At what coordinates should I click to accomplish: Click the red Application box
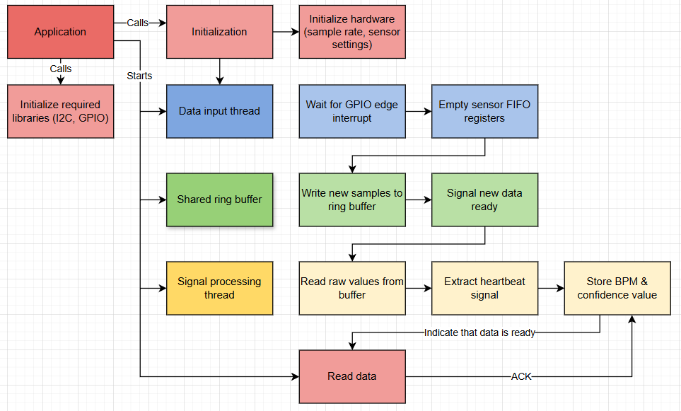coord(60,32)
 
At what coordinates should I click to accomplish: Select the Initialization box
coord(219,32)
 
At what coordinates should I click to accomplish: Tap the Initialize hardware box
coord(352,32)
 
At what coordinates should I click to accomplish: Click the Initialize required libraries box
coord(60,111)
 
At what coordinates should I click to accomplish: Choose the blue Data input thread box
coord(219,111)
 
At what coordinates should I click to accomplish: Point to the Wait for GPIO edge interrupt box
coord(352,111)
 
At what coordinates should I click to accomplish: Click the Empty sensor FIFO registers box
coord(484,111)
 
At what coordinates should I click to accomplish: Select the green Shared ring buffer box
coord(219,199)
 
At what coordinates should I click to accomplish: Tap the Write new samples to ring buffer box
coord(352,199)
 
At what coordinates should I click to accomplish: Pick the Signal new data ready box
coord(484,199)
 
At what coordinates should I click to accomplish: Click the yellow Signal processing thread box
coord(219,288)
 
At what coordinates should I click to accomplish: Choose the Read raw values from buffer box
coord(352,288)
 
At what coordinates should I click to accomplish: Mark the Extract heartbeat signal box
coord(484,288)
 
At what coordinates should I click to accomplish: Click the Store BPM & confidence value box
coord(617,288)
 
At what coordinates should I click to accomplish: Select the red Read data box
coord(352,376)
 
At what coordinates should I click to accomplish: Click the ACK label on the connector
coord(521,376)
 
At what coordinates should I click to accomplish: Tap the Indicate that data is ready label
coord(479,332)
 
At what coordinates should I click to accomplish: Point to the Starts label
coord(139,75)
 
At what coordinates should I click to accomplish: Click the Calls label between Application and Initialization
coord(138,23)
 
